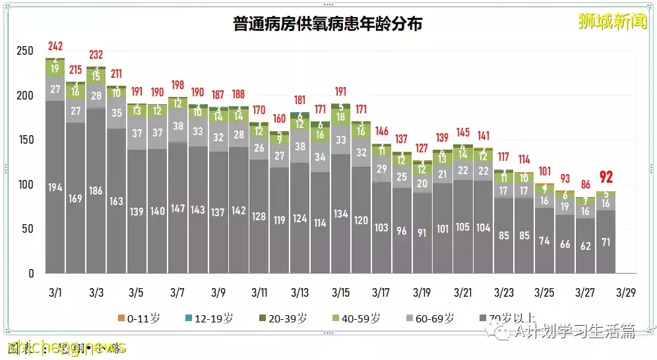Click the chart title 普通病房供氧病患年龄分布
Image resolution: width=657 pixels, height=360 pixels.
[328, 24]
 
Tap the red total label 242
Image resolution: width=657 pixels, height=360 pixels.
[55, 47]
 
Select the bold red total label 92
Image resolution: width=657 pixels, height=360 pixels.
[606, 177]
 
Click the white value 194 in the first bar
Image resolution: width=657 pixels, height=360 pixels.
[55, 188]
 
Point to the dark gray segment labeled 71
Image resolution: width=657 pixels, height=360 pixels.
[606, 242]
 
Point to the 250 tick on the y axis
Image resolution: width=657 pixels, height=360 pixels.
[24, 51]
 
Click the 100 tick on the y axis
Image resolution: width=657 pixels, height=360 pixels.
[24, 185]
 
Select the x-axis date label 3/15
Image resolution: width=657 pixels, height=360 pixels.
[340, 291]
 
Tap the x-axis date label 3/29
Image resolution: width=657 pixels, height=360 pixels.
[626, 291]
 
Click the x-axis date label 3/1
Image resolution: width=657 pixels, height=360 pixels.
[55, 291]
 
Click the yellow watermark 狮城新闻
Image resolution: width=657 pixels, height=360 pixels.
[603, 22]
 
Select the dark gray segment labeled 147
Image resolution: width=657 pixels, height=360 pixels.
[177, 208]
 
